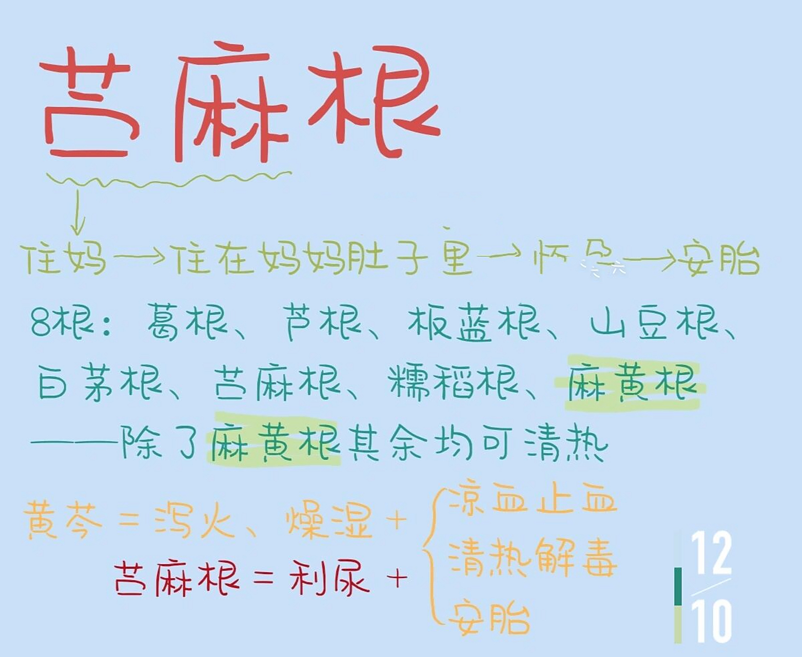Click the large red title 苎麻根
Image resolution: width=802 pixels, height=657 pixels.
pyautogui.click(x=239, y=103)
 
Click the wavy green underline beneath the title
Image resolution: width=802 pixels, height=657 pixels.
pyautogui.click(x=169, y=180)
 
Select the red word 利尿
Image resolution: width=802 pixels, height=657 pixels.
pyautogui.click(x=329, y=577)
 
